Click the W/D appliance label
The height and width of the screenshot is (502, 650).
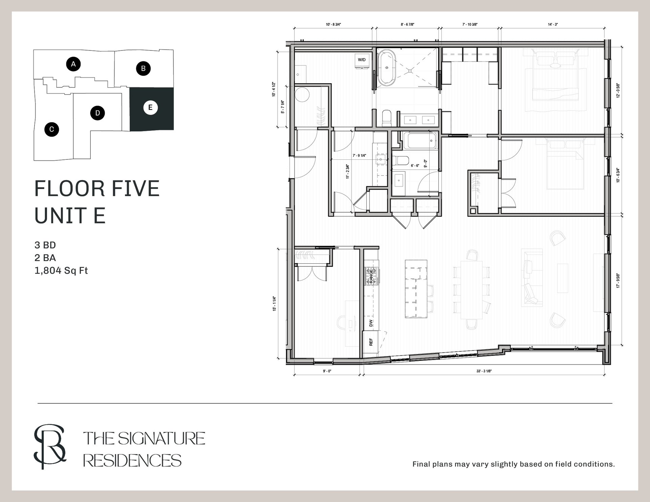(x=362, y=60)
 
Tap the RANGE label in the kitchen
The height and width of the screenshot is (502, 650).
(x=371, y=276)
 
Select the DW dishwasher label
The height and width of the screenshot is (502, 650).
(x=371, y=323)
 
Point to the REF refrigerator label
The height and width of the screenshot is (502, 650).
(x=371, y=342)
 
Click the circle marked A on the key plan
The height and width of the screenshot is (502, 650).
(x=73, y=64)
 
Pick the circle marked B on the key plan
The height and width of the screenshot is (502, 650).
(x=143, y=68)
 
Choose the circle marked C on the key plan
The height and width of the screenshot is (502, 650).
(x=51, y=129)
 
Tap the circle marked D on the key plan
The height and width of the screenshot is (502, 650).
(x=97, y=113)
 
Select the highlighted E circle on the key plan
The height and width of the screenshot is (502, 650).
(x=150, y=108)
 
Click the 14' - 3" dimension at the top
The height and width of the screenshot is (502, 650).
(x=552, y=24)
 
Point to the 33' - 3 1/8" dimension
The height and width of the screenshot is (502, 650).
(x=484, y=371)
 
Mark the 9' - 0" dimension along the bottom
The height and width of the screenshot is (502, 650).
(x=327, y=371)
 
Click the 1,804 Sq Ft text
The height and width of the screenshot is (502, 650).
(x=61, y=270)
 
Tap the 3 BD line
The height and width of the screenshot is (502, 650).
(x=45, y=245)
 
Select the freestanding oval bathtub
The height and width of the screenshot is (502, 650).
(x=386, y=67)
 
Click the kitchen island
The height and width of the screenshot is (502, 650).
(x=416, y=288)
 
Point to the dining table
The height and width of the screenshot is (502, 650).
(x=471, y=290)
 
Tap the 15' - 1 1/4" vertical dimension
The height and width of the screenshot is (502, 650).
(x=275, y=304)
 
